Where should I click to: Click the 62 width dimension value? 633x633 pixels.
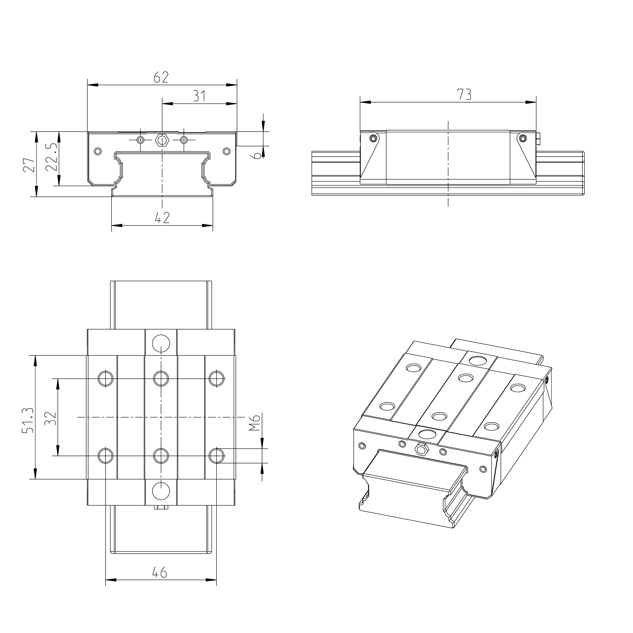pos(161,77)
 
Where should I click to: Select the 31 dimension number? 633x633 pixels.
pos(199,96)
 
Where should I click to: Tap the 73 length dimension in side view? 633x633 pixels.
pos(464,94)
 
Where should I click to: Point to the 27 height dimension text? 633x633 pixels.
pos(29,165)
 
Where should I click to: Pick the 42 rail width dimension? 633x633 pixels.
pos(162,218)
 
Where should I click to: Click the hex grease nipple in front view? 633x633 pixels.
pos(162,140)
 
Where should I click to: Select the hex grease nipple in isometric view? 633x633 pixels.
pos(421,449)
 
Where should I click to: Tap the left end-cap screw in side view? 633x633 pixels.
pos(373,138)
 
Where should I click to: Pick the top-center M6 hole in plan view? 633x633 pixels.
pos(161,378)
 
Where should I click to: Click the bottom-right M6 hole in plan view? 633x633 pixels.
pos(217,456)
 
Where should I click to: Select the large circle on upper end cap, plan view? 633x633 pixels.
pos(161,343)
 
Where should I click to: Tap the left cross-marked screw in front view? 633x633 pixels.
pos(140,140)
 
